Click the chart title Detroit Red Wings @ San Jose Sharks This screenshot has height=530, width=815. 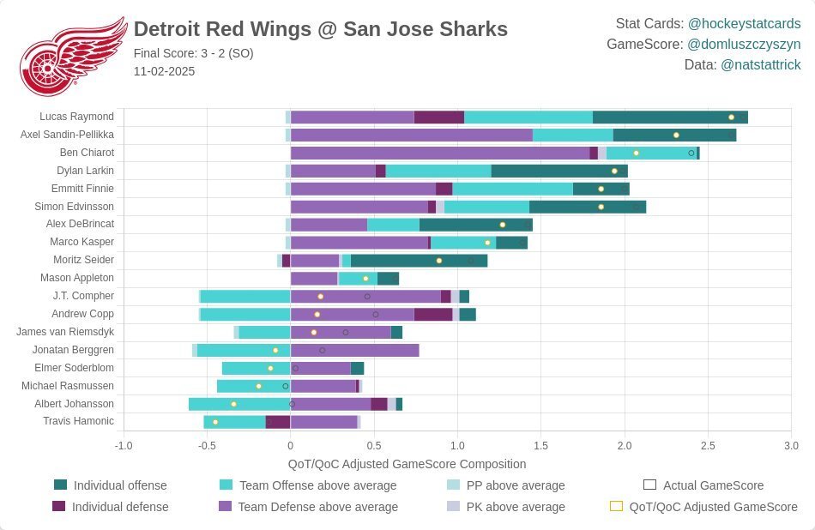(320, 28)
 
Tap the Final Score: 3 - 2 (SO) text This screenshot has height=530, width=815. (193, 53)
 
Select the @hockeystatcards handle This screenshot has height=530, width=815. (744, 23)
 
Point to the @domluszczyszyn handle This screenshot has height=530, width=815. (744, 44)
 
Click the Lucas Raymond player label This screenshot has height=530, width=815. (76, 117)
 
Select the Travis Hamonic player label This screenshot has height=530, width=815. (78, 421)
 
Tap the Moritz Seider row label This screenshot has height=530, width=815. (81, 260)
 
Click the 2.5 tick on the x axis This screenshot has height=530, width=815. (708, 446)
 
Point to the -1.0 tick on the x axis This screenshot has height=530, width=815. (124, 446)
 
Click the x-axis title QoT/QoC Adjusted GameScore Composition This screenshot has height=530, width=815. (407, 464)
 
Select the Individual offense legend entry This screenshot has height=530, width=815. (120, 485)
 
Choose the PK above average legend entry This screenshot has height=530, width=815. (515, 507)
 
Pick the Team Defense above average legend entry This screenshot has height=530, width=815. (317, 507)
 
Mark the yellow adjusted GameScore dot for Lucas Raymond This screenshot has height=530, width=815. (731, 117)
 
